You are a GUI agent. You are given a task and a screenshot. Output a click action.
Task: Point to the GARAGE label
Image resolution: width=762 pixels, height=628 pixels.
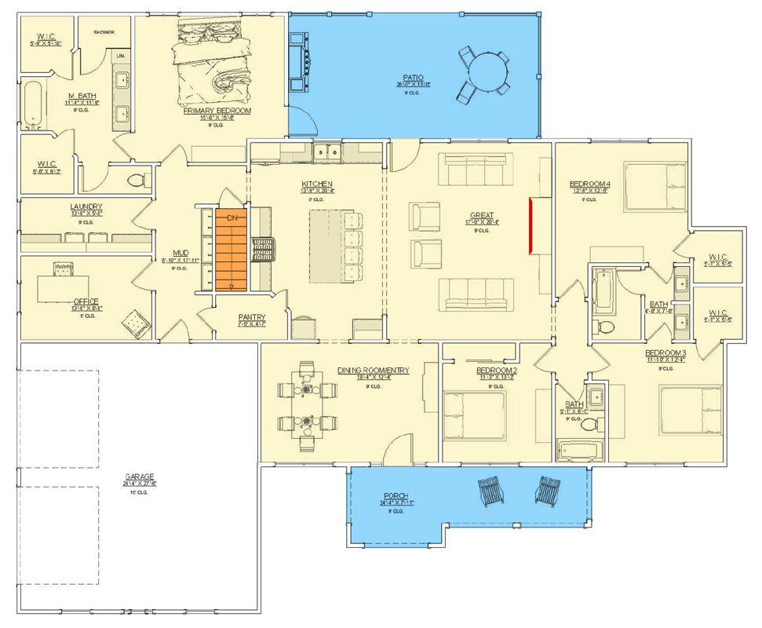[139, 476]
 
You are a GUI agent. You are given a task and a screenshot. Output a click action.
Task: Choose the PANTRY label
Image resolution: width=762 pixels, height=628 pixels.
[252, 318]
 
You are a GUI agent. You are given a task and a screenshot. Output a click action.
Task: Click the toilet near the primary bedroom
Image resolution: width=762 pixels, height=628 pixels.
[138, 180]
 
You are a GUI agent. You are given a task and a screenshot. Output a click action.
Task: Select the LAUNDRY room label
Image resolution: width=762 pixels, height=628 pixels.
[86, 207]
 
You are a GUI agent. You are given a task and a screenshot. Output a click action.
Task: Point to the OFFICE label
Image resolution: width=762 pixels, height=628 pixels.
[86, 301]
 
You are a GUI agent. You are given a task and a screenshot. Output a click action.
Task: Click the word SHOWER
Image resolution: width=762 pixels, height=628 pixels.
[104, 32]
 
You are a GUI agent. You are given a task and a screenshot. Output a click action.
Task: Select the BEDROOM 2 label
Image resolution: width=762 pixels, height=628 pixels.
[497, 370]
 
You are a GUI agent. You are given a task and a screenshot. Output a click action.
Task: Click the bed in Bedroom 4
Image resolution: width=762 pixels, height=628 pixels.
[658, 187]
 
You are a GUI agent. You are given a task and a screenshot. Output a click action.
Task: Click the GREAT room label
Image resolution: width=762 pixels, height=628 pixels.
[481, 214]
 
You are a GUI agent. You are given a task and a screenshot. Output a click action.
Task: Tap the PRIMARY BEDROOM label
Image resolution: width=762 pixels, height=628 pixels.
[217, 111]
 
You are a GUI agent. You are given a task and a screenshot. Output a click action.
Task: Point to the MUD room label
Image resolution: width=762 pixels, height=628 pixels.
[180, 253]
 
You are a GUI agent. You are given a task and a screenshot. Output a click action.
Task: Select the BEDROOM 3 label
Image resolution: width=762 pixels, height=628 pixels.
[665, 352]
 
